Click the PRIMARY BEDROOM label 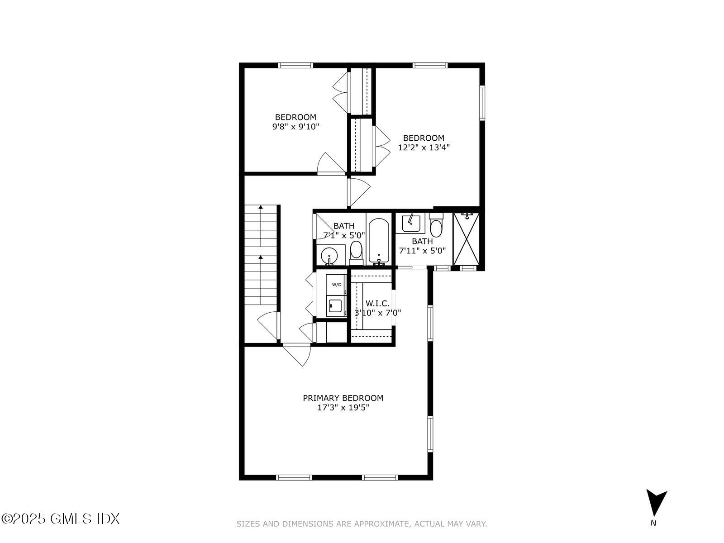tap(343, 398)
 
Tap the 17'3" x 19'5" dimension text tap(343, 408)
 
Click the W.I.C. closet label tap(377, 304)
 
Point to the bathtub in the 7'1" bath tap(378, 241)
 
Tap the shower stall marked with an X tap(466, 239)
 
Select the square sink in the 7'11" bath tap(411, 223)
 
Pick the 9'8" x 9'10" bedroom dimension tap(295, 127)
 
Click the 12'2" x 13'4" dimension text tap(424, 148)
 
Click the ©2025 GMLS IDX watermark tap(60, 519)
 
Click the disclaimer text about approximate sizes tap(362, 524)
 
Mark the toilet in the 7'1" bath tap(356, 252)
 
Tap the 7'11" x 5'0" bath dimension tap(422, 251)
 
